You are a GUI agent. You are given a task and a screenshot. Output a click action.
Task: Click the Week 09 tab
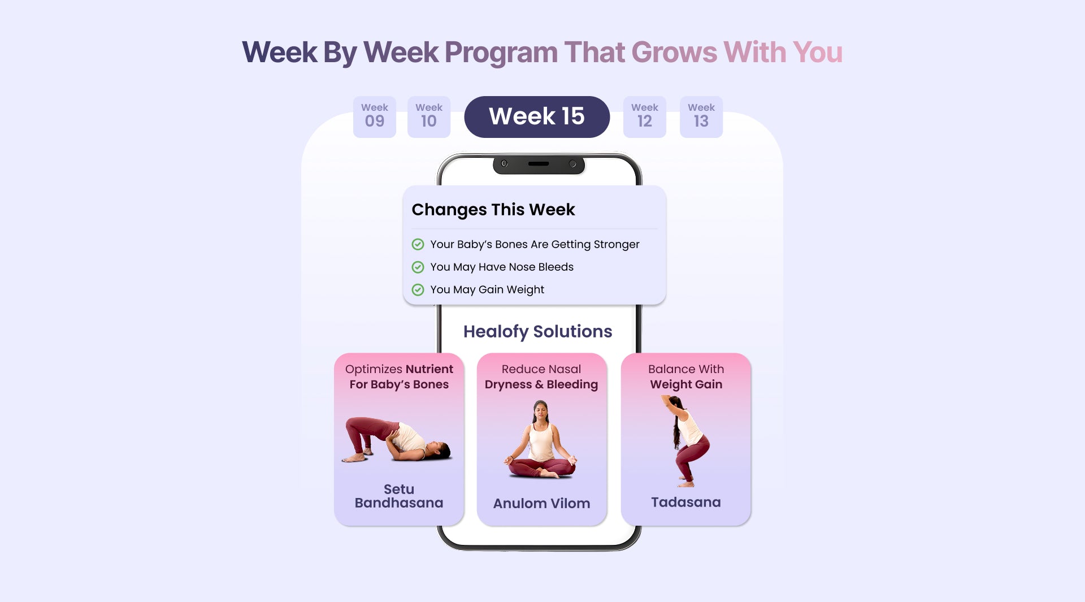coord(375,116)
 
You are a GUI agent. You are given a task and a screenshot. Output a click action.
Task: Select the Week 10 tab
coord(429,116)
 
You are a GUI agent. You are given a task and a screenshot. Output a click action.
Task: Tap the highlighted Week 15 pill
coord(537,116)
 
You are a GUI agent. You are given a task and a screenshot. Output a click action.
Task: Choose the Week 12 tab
coord(645,116)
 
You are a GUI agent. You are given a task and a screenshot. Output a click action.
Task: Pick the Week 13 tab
coord(701,116)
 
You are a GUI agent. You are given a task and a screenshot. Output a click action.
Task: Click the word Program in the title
coord(501,53)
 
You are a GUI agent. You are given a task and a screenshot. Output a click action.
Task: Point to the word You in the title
coord(817,52)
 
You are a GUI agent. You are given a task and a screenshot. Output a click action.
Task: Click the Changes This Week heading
coord(493,210)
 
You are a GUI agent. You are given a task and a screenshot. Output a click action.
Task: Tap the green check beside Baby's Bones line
coord(418,244)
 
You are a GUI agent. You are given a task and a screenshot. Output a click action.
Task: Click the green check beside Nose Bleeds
coord(418,267)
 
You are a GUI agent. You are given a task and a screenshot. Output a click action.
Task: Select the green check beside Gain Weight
coord(418,289)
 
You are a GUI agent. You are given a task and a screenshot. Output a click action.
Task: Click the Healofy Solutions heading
coord(537,332)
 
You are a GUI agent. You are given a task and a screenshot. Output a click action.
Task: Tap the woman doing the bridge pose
coord(397,440)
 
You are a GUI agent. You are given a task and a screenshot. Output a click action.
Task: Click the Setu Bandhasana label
coord(399,496)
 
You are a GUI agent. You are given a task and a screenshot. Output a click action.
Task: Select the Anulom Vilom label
coord(541,503)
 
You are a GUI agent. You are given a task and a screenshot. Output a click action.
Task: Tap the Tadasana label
coord(685,502)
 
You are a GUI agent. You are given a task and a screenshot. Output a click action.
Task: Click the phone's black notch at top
coord(539,164)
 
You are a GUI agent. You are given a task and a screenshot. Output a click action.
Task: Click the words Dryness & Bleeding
coord(541,385)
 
